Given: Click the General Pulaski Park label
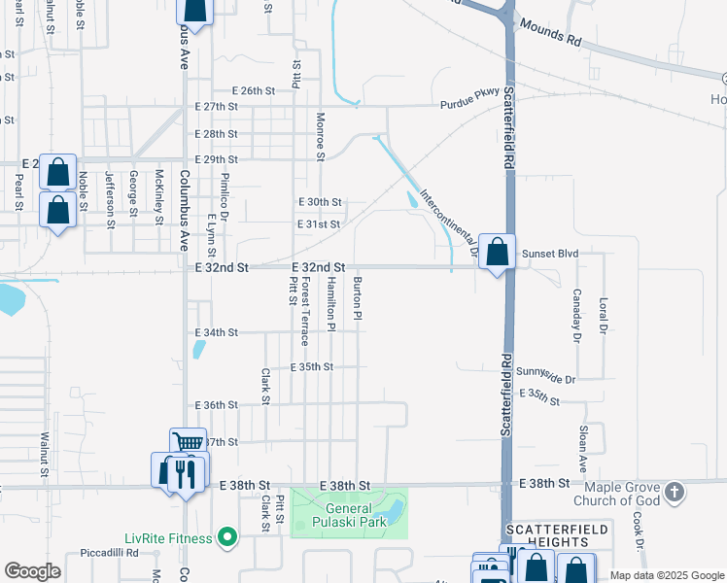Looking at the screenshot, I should point(356,515).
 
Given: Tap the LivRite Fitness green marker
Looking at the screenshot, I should point(227,537).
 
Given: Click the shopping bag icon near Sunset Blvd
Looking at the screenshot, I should point(497,253).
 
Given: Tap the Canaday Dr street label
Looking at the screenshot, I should point(576,316).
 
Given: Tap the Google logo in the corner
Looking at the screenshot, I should point(32,570).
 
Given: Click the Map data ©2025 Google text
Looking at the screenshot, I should point(667,576).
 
